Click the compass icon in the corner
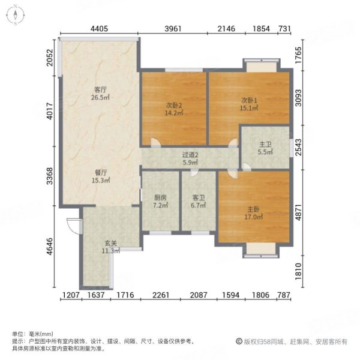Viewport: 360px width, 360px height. (x=16, y=15)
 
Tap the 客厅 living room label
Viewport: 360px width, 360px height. (x=101, y=89)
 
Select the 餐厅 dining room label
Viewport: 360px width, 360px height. (x=101, y=172)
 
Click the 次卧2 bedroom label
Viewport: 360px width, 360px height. (x=174, y=105)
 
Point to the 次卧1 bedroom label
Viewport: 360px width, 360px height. (x=249, y=100)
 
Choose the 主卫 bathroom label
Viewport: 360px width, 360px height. (x=265, y=145)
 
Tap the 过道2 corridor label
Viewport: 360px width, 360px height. (x=190, y=155)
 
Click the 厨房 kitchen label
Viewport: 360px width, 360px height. (x=160, y=197)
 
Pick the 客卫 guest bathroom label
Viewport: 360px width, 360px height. (x=199, y=197)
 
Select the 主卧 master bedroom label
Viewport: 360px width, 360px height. (x=253, y=209)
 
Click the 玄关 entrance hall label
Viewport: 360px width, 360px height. (x=111, y=243)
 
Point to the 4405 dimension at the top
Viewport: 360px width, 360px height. (x=99, y=29)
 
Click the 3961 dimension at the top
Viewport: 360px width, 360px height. (x=173, y=29)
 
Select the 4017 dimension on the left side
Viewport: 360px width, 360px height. (x=50, y=111)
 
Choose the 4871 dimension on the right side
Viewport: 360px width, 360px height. (x=298, y=212)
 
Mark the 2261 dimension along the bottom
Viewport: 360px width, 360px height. (x=161, y=295)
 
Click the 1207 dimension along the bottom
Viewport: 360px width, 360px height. (x=71, y=295)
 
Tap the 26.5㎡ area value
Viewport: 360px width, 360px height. (x=100, y=97)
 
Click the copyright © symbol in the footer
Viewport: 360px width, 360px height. (x=239, y=341)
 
